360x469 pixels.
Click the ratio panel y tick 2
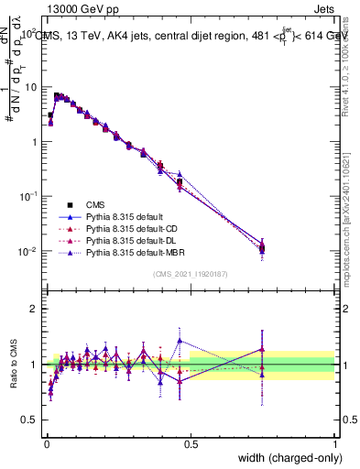pos(34,309)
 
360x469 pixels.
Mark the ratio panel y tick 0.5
pos(30,420)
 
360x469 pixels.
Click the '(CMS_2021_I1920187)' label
pos(191,274)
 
